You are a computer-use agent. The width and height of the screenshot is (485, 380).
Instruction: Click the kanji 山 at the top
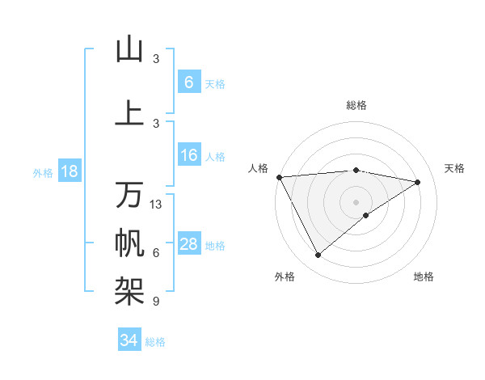point(129,49)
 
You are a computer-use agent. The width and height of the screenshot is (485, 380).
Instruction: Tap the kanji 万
point(129,195)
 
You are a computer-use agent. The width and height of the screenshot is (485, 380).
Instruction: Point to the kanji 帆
point(129,242)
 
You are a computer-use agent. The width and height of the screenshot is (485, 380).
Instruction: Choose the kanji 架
point(129,289)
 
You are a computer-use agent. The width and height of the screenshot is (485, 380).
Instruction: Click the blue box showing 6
point(188,82)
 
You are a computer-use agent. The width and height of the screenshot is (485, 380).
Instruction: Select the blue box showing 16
point(188,156)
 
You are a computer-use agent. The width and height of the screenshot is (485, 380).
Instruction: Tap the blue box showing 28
point(188,245)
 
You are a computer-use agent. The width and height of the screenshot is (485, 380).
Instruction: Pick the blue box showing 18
point(69,171)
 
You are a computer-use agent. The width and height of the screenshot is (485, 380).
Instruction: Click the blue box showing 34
point(129,340)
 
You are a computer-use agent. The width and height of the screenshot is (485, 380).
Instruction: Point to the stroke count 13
point(156,205)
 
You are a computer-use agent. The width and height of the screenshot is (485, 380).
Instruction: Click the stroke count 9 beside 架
point(156,302)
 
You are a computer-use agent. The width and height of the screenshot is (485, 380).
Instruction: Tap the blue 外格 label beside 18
point(43,172)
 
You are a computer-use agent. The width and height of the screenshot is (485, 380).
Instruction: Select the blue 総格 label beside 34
point(155,342)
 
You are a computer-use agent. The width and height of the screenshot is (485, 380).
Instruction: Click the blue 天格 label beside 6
point(215,83)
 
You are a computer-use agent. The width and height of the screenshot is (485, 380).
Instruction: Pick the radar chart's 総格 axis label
point(356,105)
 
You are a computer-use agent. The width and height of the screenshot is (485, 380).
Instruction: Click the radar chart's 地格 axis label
point(424,277)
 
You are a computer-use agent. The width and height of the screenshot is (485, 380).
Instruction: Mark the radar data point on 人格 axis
point(279,176)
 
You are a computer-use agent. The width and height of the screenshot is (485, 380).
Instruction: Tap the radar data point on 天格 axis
point(418,182)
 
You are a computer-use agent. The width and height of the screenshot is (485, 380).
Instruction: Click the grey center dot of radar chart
point(356,201)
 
